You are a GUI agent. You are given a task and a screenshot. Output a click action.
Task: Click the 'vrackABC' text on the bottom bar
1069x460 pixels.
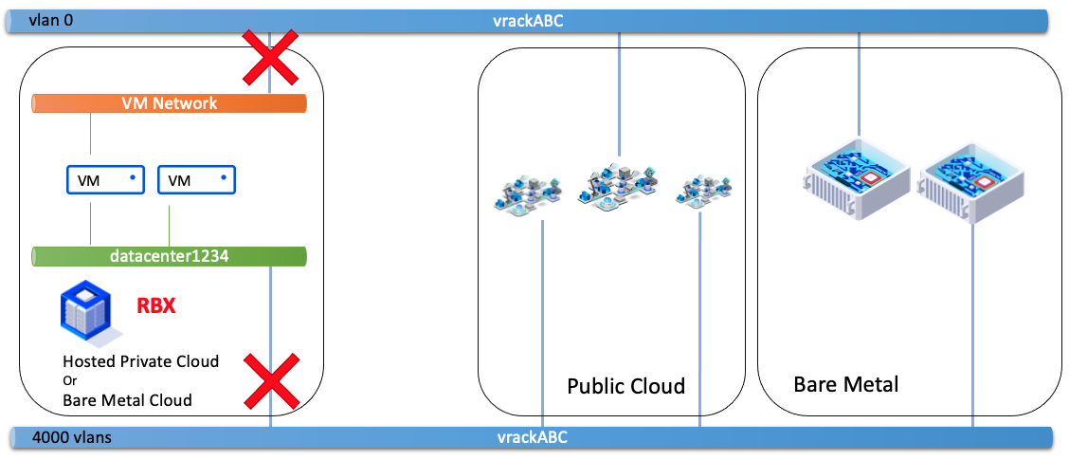533,438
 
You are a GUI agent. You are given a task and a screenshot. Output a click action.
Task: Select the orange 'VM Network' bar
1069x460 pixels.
170,103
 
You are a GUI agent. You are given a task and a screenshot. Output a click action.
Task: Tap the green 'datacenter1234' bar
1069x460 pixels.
170,256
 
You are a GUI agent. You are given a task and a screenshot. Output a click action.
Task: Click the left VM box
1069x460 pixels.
104,179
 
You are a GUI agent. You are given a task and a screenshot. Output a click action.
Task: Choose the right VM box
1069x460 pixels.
196,179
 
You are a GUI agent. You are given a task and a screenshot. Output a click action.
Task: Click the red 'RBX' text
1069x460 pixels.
156,307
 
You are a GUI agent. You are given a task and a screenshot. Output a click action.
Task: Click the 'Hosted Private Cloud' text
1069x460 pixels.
141,361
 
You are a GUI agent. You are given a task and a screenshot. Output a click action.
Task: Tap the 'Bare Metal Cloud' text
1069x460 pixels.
127,400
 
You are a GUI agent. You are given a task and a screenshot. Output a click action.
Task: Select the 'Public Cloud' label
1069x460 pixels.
625,386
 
